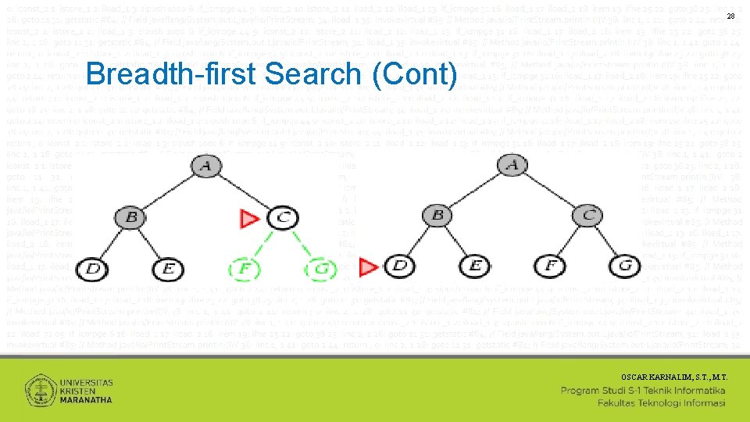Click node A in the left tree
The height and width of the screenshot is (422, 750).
coord(205,166)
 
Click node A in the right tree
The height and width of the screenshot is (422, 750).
coord(512,166)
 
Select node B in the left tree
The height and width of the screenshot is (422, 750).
coord(132,216)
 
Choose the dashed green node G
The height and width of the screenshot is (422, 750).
coord(320,268)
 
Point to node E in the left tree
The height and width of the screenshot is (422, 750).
coord(169,268)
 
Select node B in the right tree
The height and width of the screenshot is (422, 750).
coord(437,215)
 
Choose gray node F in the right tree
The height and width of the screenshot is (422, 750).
coord(552,266)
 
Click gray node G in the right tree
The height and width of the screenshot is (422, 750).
coord(625,266)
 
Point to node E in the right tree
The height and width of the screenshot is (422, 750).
coord(475,266)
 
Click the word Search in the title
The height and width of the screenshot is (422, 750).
coord(312,73)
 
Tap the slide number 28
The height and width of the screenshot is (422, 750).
coord(730,16)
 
